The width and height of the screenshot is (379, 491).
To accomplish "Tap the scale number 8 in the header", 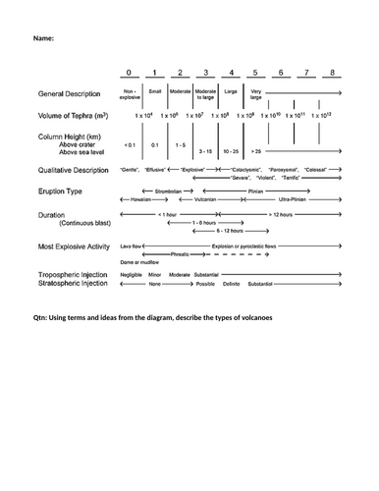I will (335, 74).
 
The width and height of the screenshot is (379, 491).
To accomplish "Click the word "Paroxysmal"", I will (283, 170).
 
